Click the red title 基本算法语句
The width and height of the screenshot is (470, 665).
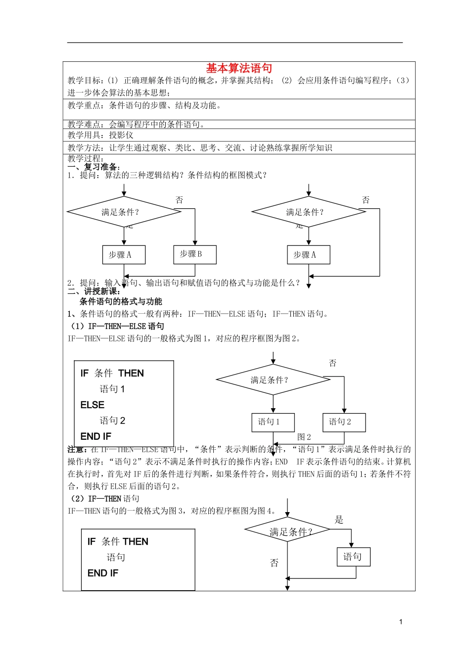pyautogui.click(x=239, y=68)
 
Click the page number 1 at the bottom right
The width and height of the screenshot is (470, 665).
pyautogui.click(x=401, y=622)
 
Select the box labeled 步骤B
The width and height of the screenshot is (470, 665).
pyautogui.click(x=195, y=254)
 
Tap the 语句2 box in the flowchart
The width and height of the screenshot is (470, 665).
pyautogui.click(x=344, y=422)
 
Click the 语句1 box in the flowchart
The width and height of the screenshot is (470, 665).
pyautogui.click(x=273, y=422)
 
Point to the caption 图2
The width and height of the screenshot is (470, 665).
pyautogui.click(x=304, y=437)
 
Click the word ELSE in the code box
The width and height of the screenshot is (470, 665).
pyautogui.click(x=93, y=405)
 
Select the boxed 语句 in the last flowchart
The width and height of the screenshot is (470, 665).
pyautogui.click(x=353, y=557)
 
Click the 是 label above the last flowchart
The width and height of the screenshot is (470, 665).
pyautogui.click(x=339, y=520)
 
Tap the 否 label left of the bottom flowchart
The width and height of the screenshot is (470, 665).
pyautogui.click(x=275, y=563)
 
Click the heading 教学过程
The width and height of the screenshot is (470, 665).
pyautogui.click(x=86, y=159)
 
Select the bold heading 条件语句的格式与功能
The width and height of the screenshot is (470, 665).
pyautogui.click(x=121, y=301)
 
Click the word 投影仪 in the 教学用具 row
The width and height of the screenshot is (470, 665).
pyautogui.click(x=121, y=135)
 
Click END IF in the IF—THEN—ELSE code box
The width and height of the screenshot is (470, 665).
pyautogui.click(x=96, y=436)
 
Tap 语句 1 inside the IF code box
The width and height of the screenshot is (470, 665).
pyautogui.click(x=112, y=389)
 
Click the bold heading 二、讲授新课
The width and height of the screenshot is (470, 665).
pyautogui.click(x=94, y=291)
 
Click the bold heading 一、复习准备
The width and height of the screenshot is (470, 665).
pyautogui.click(x=94, y=167)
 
